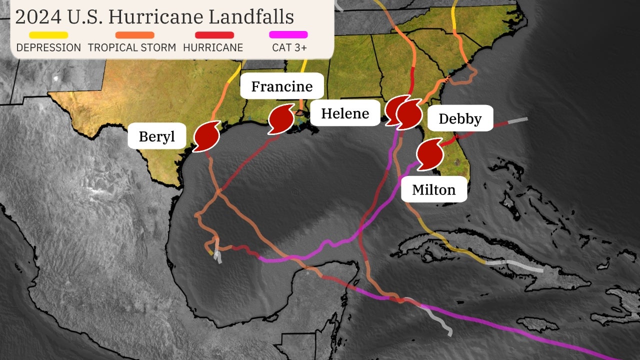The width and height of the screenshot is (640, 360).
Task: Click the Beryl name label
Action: (157, 136)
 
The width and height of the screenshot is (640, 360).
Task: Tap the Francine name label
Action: (281, 86)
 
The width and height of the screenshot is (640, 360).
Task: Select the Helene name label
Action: (345, 113)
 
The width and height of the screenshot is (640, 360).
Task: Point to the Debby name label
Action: (460, 118)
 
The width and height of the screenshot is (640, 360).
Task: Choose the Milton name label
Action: (433, 189)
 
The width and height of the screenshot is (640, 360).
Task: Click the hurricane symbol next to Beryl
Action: (206, 136)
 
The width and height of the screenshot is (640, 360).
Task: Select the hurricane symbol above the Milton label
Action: (429, 154)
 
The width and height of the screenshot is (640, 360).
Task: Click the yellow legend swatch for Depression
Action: (48, 35)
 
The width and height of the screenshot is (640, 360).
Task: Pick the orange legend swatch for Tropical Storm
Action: (135, 35)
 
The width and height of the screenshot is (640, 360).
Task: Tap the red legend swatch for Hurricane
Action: (214, 35)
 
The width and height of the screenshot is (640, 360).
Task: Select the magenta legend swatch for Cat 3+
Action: (288, 35)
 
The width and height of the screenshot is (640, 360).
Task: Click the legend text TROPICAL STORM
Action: (132, 48)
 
